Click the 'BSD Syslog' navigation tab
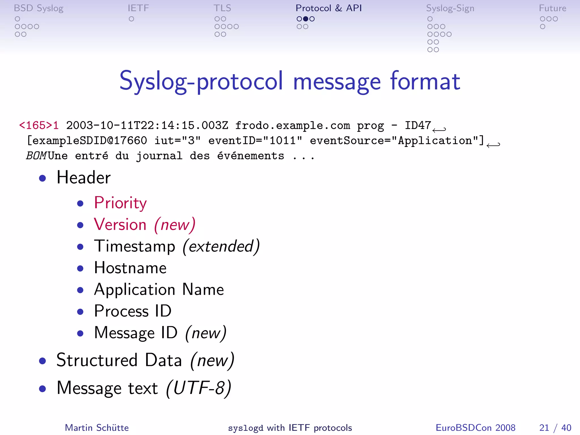(39, 8)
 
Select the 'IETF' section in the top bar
(138, 8)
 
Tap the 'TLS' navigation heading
(222, 8)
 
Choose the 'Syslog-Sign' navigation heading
(450, 8)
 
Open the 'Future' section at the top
(552, 8)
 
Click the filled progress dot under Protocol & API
(306, 19)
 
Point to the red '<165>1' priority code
(39, 125)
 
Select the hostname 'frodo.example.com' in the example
(292, 125)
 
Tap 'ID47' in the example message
(418, 125)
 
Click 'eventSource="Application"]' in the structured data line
(397, 140)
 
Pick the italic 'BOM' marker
(36, 156)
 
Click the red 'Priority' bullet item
(120, 203)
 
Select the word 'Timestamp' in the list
(135, 246)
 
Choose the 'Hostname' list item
(130, 268)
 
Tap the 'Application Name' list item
(159, 289)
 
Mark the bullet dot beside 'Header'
(42, 178)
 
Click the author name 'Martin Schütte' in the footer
(97, 428)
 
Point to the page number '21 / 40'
(555, 428)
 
